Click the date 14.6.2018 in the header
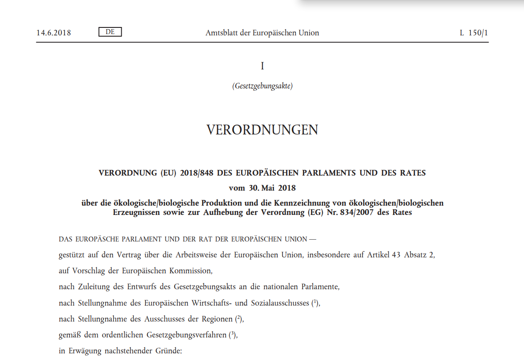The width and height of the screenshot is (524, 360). [x=54, y=33]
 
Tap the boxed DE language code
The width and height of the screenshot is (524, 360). [x=110, y=32]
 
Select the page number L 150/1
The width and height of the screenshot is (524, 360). [x=474, y=33]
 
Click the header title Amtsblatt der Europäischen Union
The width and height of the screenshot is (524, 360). [x=262, y=33]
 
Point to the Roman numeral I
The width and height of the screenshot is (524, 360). [x=262, y=66]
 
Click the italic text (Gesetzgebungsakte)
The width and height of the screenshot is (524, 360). [x=262, y=86]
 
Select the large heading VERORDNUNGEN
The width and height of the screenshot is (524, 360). [x=262, y=130]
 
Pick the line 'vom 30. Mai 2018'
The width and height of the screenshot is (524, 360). [x=262, y=188]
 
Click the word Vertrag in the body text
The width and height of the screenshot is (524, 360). [x=126, y=255]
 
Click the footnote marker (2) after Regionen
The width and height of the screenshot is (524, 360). [x=237, y=319]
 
